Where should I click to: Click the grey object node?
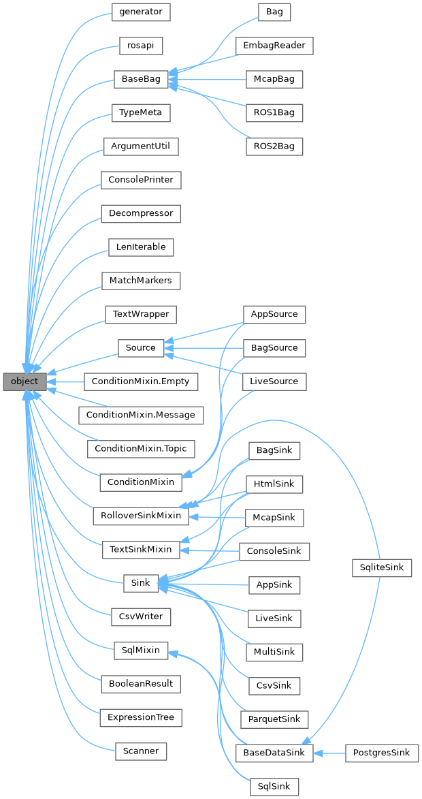(25, 381)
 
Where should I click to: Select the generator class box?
(140, 12)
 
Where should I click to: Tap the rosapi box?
(140, 46)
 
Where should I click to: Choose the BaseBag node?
(140, 79)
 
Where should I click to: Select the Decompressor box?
(140, 213)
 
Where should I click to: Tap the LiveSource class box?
(274, 381)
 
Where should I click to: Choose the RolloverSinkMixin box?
(140, 515)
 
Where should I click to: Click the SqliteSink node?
(382, 567)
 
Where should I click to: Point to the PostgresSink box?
(382, 753)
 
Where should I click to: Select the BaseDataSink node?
(274, 753)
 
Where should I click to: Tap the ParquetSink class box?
(274, 719)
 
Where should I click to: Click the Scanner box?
(140, 751)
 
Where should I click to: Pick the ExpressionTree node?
(140, 717)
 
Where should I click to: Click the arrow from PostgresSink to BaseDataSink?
(330, 753)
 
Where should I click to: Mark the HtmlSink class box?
(274, 484)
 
